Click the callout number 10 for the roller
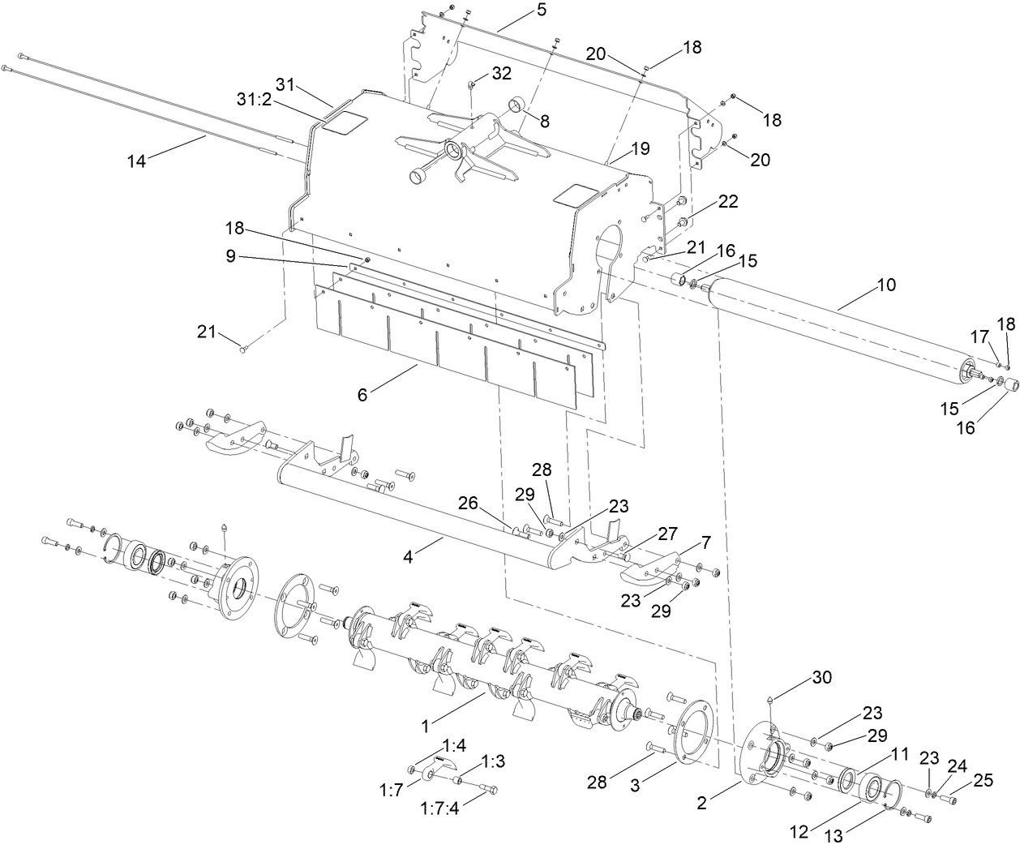(x=885, y=285)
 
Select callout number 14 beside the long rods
(x=136, y=161)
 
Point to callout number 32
(x=501, y=73)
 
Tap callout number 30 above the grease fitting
(x=821, y=677)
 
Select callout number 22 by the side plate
(x=727, y=202)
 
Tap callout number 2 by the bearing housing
(x=702, y=804)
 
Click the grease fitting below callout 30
(x=770, y=698)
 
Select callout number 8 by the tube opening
(x=543, y=122)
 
